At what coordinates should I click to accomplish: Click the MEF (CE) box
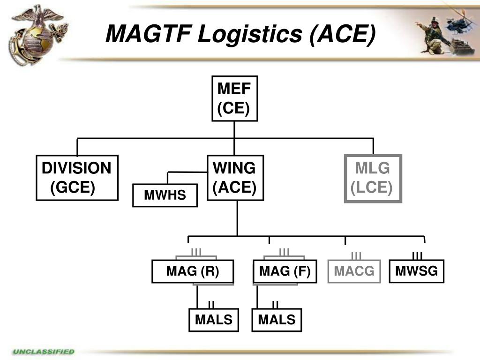point(234,98)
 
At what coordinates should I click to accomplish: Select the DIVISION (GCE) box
point(77,178)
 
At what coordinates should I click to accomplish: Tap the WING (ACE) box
point(235,178)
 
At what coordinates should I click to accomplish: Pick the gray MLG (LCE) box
point(373,179)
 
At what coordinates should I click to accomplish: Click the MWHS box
point(165,195)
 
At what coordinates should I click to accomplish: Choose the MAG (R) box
point(193,271)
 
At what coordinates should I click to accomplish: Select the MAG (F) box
point(285,271)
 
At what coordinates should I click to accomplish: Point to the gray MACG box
point(354,271)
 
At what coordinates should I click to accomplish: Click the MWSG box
point(416,271)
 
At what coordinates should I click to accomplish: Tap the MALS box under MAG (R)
point(214,320)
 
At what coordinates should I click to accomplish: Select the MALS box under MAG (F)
point(277,320)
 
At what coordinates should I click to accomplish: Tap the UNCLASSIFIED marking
point(44,351)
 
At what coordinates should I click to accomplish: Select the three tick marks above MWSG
point(417,255)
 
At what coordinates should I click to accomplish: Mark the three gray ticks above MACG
point(356,255)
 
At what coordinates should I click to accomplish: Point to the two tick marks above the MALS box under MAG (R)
point(211,304)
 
